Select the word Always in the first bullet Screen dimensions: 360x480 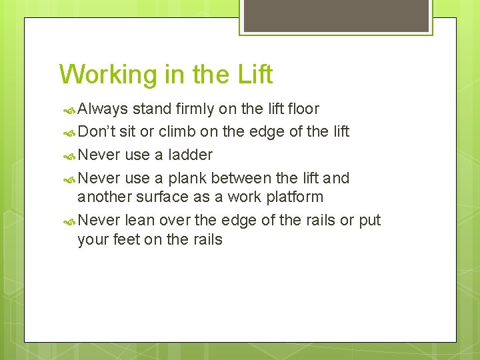[103, 109]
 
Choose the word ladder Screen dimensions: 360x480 [191, 155]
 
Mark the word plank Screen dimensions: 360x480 [188, 178]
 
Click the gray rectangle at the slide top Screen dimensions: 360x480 [335, 15]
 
